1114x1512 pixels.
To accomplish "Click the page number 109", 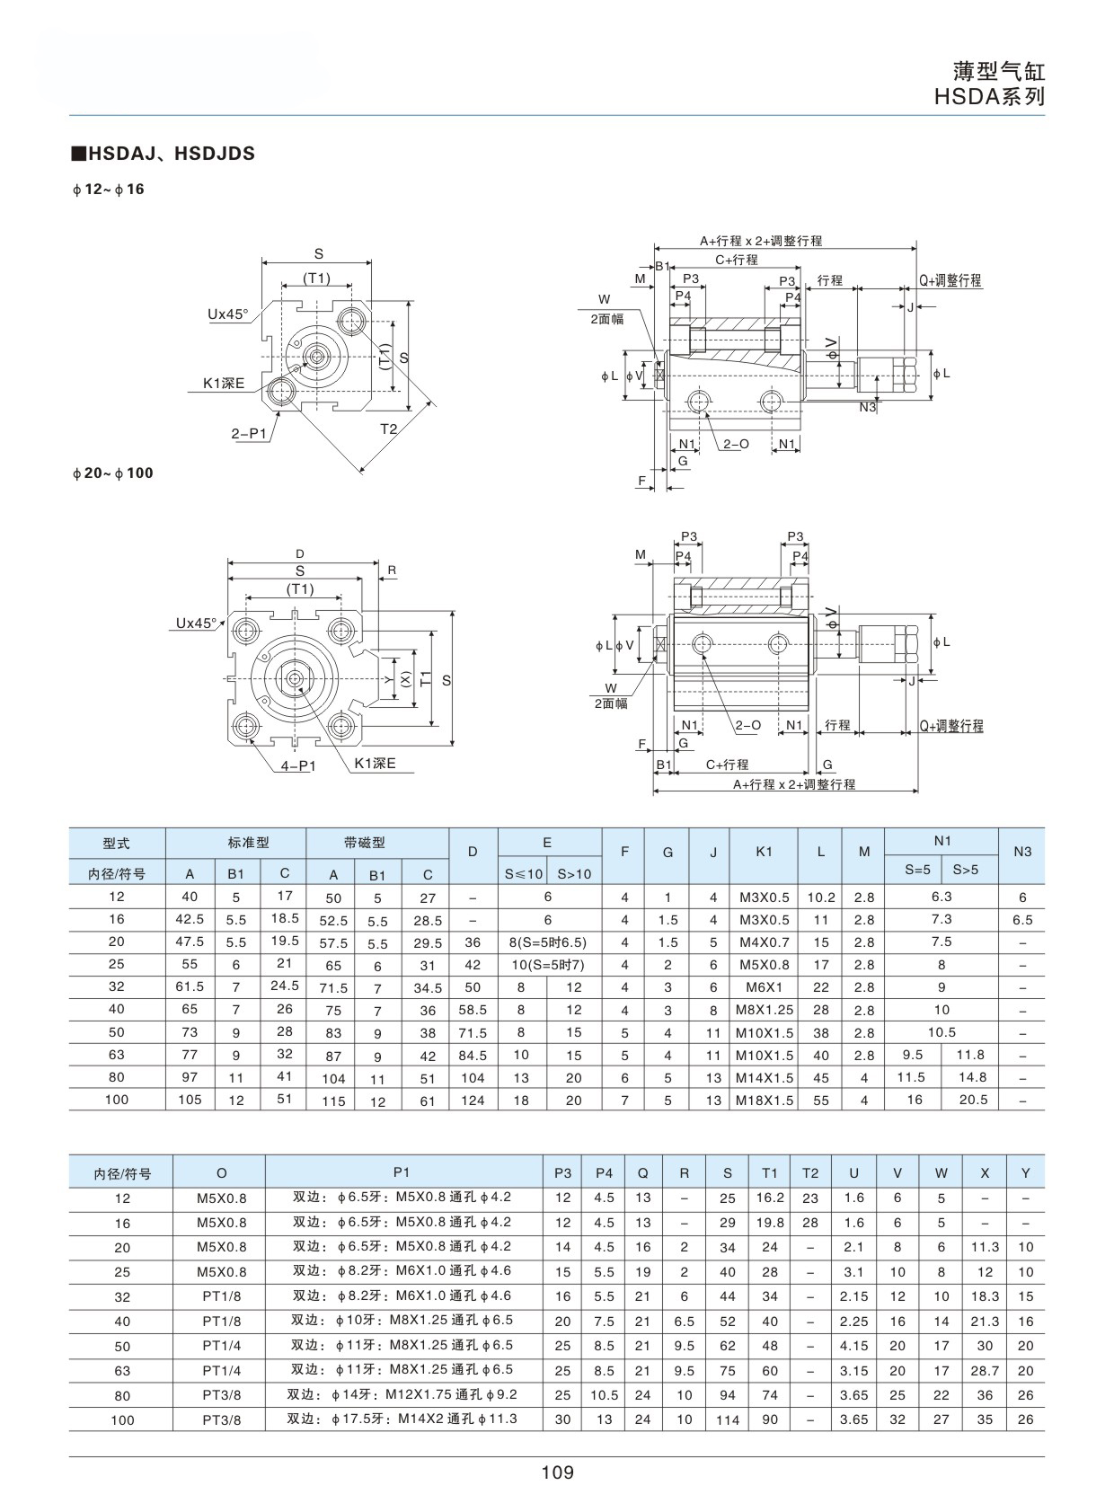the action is [557, 1472].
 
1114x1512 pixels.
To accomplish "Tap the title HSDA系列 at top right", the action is [989, 97].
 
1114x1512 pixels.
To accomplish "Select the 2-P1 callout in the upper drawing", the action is [249, 433].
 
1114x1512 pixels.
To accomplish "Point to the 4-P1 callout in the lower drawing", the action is [298, 765].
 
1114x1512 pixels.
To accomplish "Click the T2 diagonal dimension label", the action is [389, 429].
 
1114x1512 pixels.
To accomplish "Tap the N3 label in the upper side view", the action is [868, 407].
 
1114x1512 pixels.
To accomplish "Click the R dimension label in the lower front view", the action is [392, 570].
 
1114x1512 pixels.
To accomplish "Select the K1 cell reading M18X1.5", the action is [765, 1100].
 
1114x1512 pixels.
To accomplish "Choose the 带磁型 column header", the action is [365, 843].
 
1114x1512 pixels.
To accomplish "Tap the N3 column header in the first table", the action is [1022, 852].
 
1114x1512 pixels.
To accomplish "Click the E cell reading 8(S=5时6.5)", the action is [547, 942].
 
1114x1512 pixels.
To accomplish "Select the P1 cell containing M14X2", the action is [402, 1419].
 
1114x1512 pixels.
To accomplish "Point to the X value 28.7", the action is [985, 1370].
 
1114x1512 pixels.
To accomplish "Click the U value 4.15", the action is [854, 1345].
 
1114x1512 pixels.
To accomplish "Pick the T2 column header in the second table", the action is [810, 1173].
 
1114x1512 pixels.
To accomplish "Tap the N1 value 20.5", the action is [974, 1100].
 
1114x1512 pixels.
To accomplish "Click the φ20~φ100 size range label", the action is [113, 473].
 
